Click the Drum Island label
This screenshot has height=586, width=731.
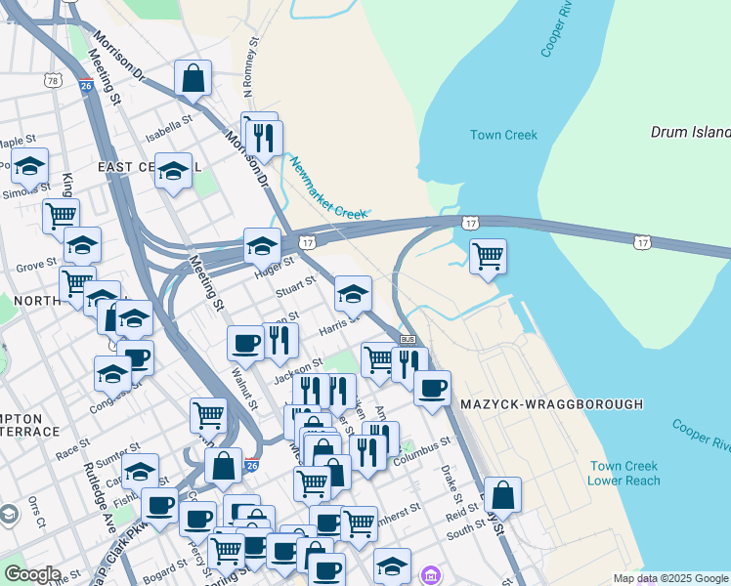click(691, 132)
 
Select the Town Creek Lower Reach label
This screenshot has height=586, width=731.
click(623, 473)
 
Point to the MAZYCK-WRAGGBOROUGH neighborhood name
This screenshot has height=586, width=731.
click(552, 403)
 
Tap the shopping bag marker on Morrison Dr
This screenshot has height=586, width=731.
click(193, 78)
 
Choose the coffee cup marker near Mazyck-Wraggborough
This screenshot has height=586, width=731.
click(432, 388)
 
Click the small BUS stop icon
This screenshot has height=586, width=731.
click(408, 339)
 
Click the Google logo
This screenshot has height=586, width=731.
click(31, 573)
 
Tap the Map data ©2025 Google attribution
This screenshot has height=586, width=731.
click(670, 578)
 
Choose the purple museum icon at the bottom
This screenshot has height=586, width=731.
click(430, 576)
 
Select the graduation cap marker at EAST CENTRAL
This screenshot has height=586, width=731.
click(173, 172)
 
